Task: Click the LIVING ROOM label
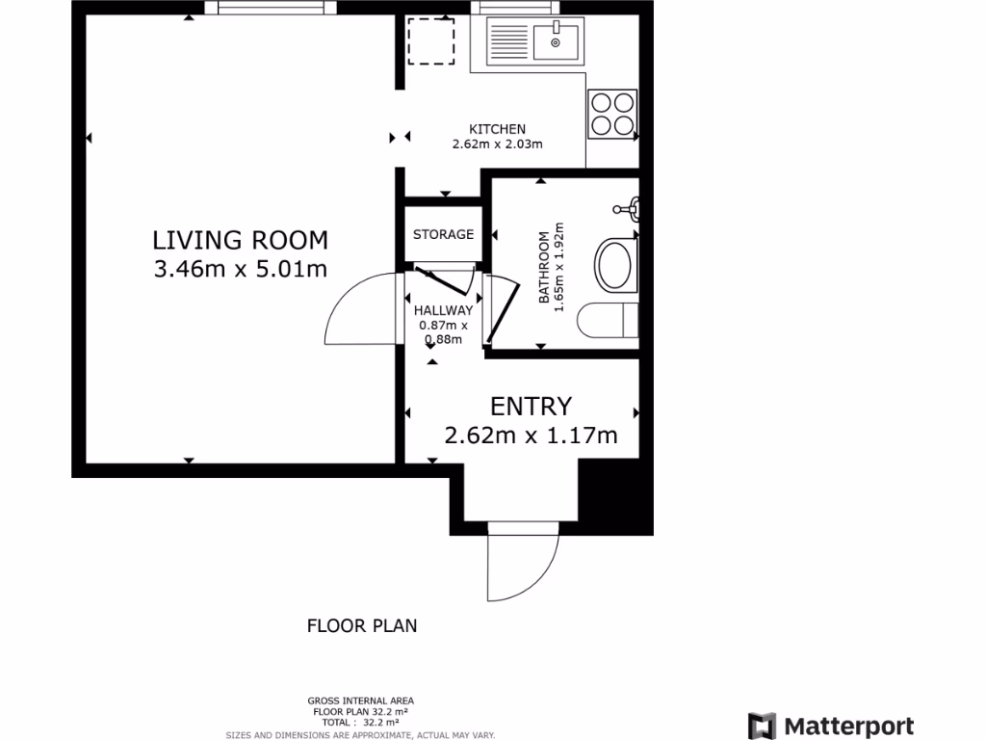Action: pyautogui.click(x=240, y=239)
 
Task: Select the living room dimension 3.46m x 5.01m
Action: pyautogui.click(x=240, y=269)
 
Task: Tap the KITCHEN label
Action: pyautogui.click(x=497, y=129)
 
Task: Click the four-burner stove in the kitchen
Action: pyautogui.click(x=612, y=113)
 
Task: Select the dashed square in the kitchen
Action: pyautogui.click(x=430, y=41)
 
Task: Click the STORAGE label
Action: pyautogui.click(x=443, y=234)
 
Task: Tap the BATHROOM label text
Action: pyautogui.click(x=544, y=267)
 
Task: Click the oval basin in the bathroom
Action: pyautogui.click(x=616, y=266)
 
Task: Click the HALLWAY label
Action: pyautogui.click(x=443, y=310)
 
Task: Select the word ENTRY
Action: pyautogui.click(x=531, y=406)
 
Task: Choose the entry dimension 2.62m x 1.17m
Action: pyautogui.click(x=531, y=436)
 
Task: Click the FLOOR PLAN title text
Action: pyautogui.click(x=362, y=625)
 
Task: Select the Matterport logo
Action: pyautogui.click(x=831, y=726)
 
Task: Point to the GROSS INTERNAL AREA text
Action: pyautogui.click(x=361, y=700)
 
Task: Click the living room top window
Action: pyautogui.click(x=277, y=9)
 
